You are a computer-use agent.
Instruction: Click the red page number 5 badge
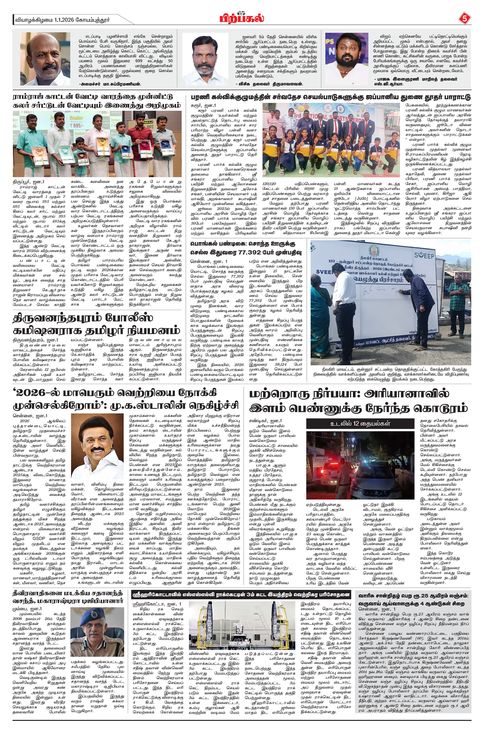tap(465, 19)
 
